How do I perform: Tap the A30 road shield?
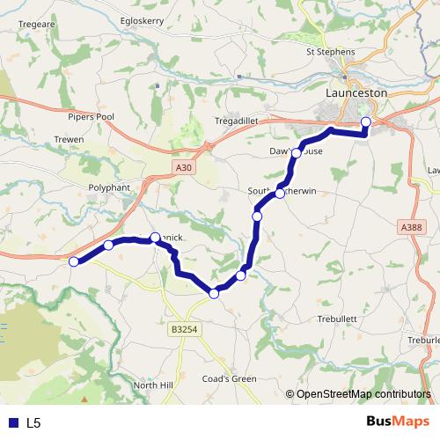tap(182, 165)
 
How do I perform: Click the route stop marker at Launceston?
tap(366, 122)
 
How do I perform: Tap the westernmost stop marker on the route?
tap(74, 261)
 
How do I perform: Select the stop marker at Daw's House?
tap(297, 153)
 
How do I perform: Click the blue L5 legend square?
tap(13, 422)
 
